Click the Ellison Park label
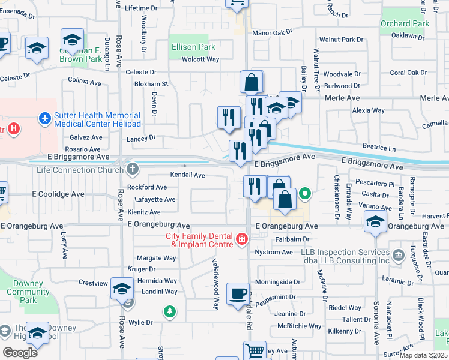coord(193,47)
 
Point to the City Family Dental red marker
coord(242,240)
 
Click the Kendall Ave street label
coord(188,175)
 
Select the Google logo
coord(20,352)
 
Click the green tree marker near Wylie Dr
coord(170,311)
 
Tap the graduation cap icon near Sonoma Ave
coord(375,223)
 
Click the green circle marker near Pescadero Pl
coord(305,194)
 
